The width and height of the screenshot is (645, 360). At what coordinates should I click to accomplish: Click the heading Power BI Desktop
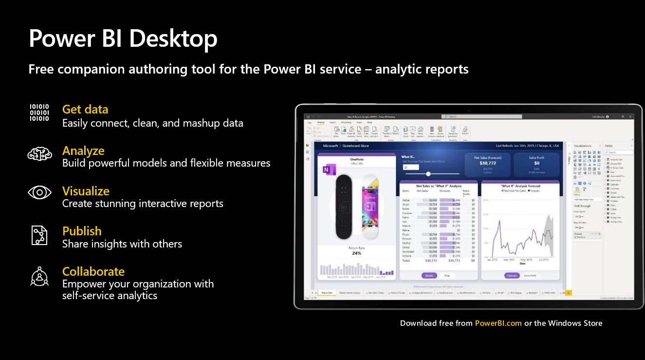(123, 39)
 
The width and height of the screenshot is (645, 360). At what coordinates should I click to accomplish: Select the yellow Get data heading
(85, 109)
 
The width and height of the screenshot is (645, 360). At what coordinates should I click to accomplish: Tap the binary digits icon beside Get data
(39, 113)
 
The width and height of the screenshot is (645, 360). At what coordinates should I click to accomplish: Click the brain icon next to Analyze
(39, 154)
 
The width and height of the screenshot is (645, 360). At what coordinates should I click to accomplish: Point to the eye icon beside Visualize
(39, 192)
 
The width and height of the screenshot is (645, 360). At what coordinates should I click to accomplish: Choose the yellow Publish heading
(82, 231)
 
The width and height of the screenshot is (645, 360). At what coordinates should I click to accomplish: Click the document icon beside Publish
(39, 235)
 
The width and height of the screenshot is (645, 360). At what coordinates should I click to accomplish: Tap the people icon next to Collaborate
(39, 276)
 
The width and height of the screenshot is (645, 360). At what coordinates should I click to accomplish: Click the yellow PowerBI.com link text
(498, 323)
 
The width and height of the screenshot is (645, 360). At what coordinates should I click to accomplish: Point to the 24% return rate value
(356, 253)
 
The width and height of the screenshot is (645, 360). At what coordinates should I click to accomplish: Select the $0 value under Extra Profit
(536, 163)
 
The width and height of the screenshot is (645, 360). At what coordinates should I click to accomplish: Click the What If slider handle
(428, 174)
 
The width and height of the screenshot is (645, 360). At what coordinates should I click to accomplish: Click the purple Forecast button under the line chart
(512, 276)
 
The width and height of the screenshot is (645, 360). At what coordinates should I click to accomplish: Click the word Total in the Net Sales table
(406, 261)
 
